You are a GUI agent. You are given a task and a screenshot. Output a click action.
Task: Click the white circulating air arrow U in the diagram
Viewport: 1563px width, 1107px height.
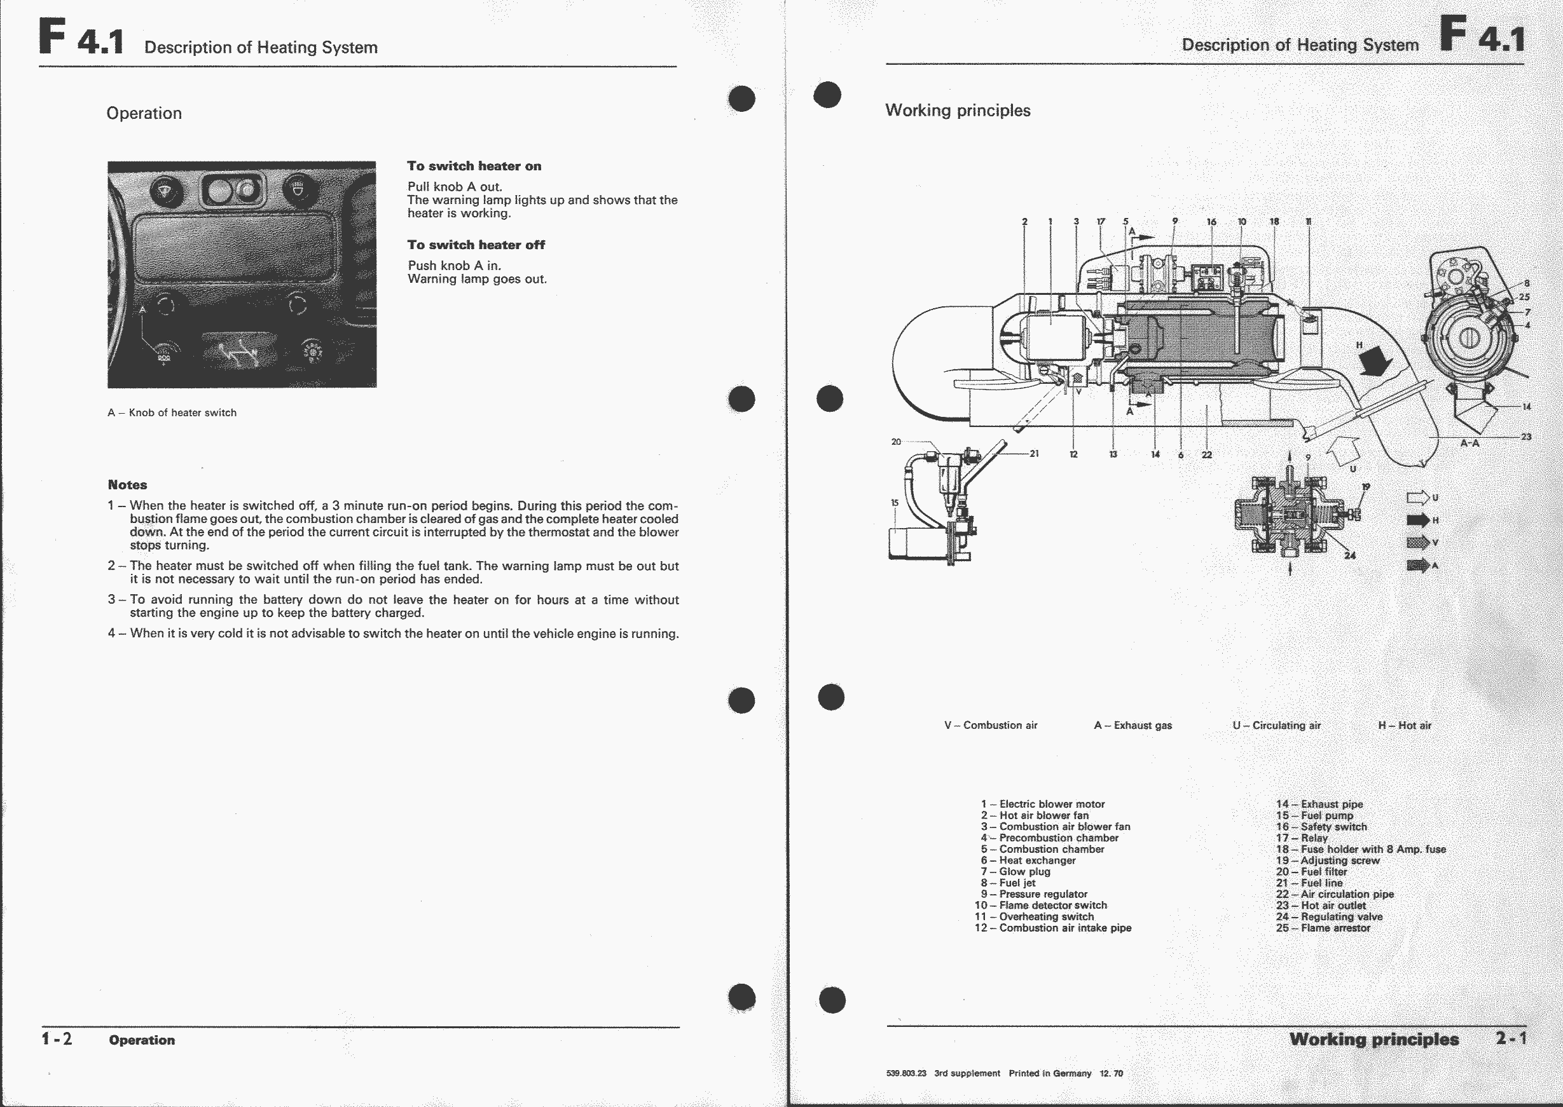pyautogui.click(x=1341, y=451)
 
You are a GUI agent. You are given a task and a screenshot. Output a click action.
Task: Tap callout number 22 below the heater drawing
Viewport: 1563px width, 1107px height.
pyautogui.click(x=1206, y=454)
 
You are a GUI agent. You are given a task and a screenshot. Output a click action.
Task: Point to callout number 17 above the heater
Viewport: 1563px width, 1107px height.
pyautogui.click(x=1101, y=222)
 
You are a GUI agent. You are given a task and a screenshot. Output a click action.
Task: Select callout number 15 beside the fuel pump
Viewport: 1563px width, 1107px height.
pyautogui.click(x=895, y=503)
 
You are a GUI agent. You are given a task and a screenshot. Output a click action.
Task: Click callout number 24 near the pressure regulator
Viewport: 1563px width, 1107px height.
pyautogui.click(x=1349, y=555)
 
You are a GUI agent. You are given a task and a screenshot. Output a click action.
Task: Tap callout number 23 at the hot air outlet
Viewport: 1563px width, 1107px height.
pyautogui.click(x=1526, y=437)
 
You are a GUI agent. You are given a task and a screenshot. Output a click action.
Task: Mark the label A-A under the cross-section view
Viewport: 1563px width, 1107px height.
pyautogui.click(x=1470, y=443)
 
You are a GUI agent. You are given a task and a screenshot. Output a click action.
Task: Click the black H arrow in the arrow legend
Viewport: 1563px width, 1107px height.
pyautogui.click(x=1418, y=520)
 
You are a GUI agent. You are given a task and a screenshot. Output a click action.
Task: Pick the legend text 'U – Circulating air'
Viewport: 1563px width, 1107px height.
pyautogui.click(x=1277, y=725)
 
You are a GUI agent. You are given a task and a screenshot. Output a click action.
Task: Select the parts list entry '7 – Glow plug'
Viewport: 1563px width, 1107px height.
pyautogui.click(x=1016, y=871)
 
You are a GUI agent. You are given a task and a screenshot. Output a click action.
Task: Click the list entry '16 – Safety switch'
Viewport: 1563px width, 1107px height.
pyautogui.click(x=1321, y=826)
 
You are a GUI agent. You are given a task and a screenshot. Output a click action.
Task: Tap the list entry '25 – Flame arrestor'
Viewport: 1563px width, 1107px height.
pyautogui.click(x=1323, y=928)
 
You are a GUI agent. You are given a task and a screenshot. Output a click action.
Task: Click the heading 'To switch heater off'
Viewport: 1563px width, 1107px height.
pyautogui.click(x=476, y=245)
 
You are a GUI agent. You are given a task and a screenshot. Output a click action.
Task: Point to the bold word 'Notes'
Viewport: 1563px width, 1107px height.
pyautogui.click(x=128, y=485)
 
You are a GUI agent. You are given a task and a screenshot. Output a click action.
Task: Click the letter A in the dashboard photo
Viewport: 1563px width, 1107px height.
pyautogui.click(x=142, y=310)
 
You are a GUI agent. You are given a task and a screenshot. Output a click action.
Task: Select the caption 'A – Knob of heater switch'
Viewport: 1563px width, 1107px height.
pyautogui.click(x=172, y=412)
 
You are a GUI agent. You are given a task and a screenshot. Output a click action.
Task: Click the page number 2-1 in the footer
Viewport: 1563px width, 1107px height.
pyautogui.click(x=1511, y=1039)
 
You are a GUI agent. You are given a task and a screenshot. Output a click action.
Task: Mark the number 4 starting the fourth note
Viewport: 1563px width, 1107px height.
pyautogui.click(x=111, y=634)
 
